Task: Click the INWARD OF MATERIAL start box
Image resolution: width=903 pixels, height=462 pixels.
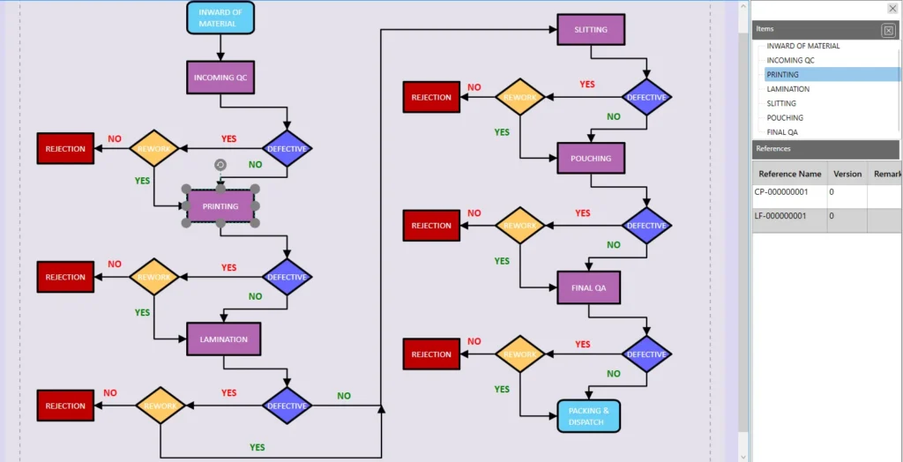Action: click(220, 18)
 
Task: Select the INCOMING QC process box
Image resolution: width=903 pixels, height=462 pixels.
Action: click(220, 78)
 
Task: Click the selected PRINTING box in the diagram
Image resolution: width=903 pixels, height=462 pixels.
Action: click(220, 206)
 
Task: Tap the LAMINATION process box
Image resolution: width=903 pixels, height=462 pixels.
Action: click(224, 339)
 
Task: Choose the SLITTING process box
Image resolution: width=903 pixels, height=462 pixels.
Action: click(591, 30)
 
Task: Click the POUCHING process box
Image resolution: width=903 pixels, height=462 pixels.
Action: click(591, 159)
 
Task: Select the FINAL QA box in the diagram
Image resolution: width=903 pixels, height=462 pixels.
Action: click(588, 287)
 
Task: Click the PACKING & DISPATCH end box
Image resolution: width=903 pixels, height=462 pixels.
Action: click(588, 416)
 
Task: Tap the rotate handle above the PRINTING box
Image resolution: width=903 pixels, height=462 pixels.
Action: click(220, 165)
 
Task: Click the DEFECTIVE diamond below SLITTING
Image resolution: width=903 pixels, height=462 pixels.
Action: click(646, 97)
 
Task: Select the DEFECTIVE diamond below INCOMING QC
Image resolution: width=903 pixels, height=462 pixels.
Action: click(287, 149)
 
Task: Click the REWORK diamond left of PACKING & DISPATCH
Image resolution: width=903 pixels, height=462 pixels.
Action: click(519, 354)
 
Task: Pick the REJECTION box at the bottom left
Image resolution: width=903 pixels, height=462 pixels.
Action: click(65, 406)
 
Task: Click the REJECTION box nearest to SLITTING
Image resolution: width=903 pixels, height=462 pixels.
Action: click(431, 97)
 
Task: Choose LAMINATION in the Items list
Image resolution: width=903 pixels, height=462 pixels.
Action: click(787, 89)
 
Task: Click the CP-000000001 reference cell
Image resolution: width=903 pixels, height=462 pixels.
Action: click(788, 192)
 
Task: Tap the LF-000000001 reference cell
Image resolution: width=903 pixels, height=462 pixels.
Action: click(788, 216)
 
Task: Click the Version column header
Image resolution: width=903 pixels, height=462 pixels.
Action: click(847, 174)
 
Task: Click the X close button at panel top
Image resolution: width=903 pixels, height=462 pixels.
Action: click(892, 9)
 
